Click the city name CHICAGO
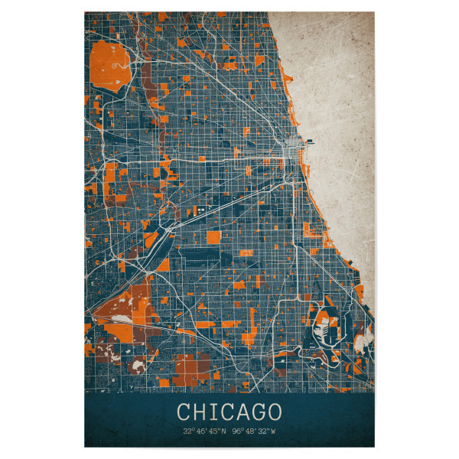click(x=229, y=412)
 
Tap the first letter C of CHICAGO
click(x=184, y=412)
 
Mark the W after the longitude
click(x=274, y=431)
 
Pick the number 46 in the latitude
click(x=199, y=431)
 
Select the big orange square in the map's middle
click(x=213, y=237)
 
